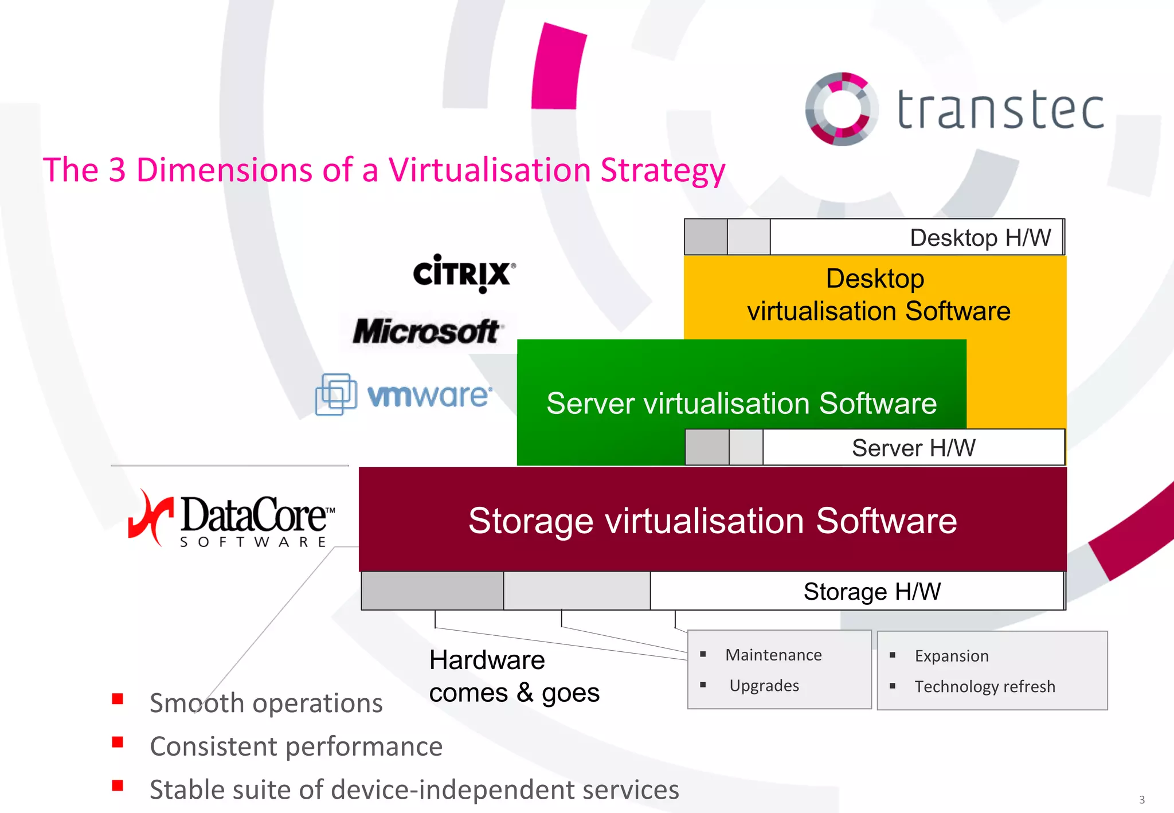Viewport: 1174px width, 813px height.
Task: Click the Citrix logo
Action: point(463,273)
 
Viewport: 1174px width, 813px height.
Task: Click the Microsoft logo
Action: point(426,331)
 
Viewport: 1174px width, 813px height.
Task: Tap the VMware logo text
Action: point(429,396)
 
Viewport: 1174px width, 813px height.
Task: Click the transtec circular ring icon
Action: point(842,109)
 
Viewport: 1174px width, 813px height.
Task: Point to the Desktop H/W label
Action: point(980,237)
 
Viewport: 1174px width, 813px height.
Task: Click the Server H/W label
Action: point(913,448)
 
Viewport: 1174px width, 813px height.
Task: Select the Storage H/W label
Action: point(872,592)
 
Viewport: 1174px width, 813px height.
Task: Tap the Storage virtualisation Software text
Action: point(713,521)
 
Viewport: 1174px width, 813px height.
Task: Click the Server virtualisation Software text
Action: point(741,403)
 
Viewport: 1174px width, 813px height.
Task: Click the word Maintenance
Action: point(773,655)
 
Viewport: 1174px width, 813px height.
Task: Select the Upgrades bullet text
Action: point(764,686)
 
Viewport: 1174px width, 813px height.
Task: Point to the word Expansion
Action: point(952,656)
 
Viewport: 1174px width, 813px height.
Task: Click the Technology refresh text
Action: point(984,686)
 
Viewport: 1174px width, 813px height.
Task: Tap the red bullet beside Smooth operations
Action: point(118,699)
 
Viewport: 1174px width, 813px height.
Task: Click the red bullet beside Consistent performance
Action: point(118,742)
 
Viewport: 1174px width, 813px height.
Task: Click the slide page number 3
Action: point(1142,800)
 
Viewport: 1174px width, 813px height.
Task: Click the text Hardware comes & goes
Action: point(514,677)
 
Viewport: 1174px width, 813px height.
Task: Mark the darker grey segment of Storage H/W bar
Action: point(432,591)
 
